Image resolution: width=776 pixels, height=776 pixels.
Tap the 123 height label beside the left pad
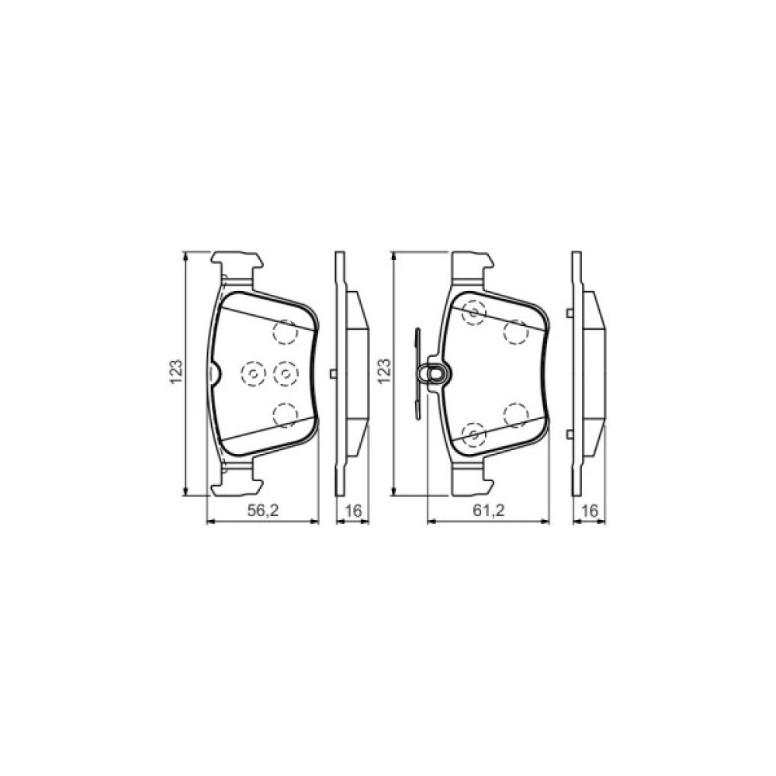point(176,372)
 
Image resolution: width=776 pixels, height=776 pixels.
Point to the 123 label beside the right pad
point(383,372)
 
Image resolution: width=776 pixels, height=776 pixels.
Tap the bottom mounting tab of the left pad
point(237,482)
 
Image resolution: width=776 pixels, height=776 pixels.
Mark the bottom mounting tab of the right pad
point(470,482)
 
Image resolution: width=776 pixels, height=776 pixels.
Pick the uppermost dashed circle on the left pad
point(286,332)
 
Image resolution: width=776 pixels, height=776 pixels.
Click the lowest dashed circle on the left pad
point(286,415)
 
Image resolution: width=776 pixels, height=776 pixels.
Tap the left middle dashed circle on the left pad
point(254,375)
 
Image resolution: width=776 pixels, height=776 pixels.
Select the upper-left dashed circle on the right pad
point(473,312)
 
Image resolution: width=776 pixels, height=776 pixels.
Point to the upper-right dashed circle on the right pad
point(515,332)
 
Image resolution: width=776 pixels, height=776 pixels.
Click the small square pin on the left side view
point(334,374)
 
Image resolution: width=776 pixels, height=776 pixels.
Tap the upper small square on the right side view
point(570,313)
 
